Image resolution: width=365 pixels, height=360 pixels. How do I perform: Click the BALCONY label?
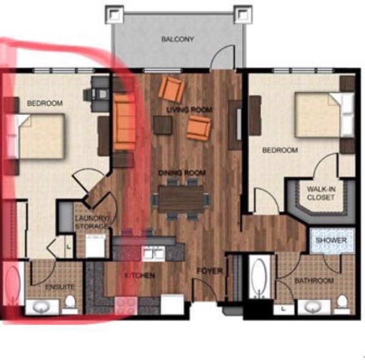177,39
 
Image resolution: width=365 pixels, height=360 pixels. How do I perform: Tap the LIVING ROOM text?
190,110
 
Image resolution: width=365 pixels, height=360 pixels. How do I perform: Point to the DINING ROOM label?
182,173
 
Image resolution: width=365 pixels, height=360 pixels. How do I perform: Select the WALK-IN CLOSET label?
321,193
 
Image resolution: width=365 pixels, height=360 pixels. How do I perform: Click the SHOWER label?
331,240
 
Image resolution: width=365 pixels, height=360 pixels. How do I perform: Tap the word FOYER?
210,271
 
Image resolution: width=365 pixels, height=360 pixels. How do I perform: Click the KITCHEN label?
140,276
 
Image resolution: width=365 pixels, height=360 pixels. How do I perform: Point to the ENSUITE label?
60,287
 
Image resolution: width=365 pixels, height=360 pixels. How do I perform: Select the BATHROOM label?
314,281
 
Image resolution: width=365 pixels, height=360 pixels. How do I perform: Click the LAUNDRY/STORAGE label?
92,222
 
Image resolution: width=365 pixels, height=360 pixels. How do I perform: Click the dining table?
182,199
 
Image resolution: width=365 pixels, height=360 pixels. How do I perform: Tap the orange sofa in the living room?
125,123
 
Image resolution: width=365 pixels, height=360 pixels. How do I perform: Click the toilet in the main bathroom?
342,304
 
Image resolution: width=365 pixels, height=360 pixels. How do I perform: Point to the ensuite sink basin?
42,308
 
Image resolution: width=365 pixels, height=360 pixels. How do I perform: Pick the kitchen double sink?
154,253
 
